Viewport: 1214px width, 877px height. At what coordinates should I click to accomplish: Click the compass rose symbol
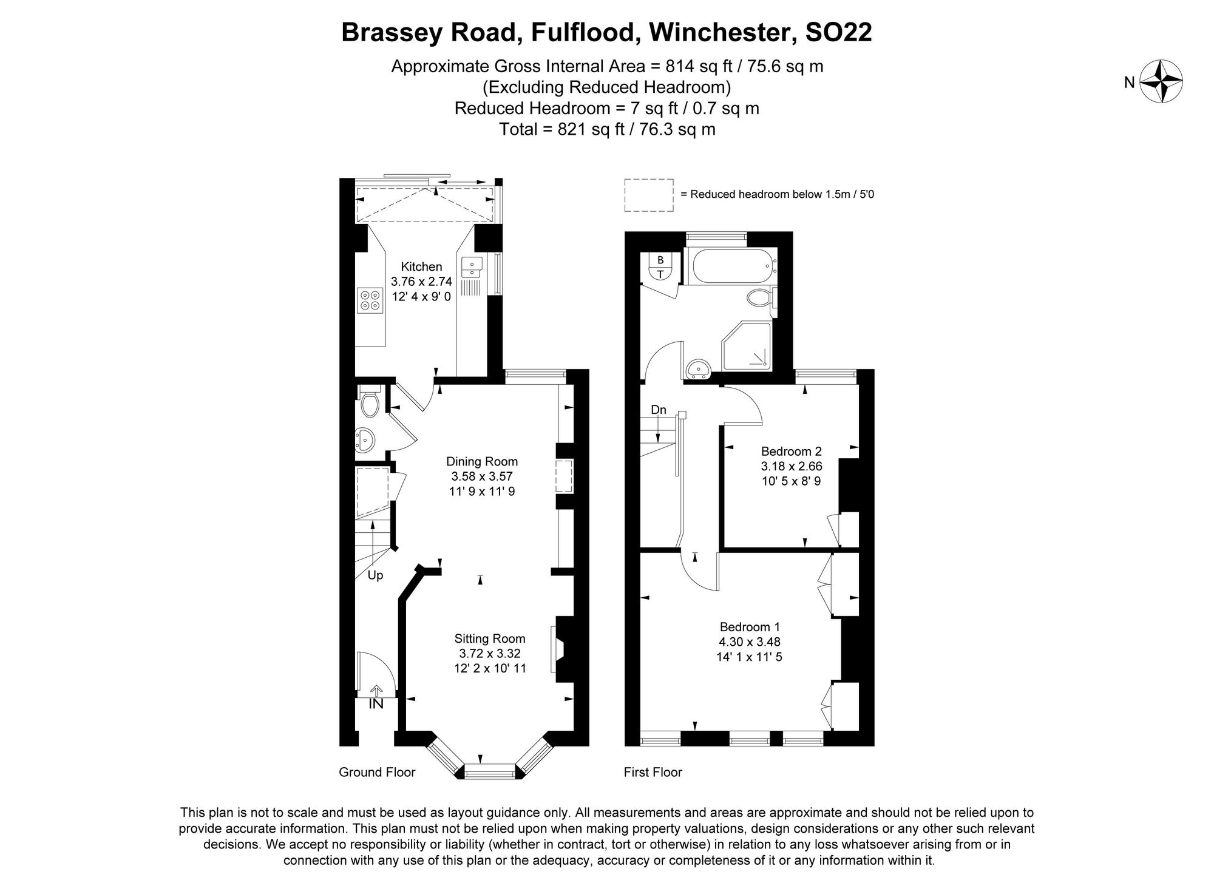click(1161, 81)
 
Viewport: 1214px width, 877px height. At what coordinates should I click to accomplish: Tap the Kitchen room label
click(421, 266)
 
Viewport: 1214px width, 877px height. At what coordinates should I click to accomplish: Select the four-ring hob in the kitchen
click(370, 300)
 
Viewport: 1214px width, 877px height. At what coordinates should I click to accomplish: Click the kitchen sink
click(472, 265)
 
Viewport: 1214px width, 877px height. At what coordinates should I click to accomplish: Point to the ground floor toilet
click(368, 405)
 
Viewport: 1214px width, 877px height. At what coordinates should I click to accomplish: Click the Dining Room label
click(482, 461)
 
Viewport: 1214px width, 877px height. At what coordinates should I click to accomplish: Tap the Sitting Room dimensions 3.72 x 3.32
click(490, 654)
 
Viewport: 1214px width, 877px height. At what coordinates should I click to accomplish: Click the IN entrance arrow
click(376, 692)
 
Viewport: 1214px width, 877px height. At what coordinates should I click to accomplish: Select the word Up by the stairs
click(375, 575)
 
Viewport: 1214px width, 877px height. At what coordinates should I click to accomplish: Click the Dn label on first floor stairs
click(659, 410)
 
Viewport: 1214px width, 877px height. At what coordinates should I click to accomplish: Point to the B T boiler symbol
click(660, 266)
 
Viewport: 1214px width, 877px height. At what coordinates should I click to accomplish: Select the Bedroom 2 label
click(791, 452)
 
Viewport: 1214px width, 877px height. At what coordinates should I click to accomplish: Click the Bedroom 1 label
click(750, 627)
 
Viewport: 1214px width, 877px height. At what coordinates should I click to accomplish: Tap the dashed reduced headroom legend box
click(649, 195)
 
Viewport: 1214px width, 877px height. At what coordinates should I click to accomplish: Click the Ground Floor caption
click(377, 772)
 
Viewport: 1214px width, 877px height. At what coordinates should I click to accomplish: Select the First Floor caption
click(653, 772)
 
